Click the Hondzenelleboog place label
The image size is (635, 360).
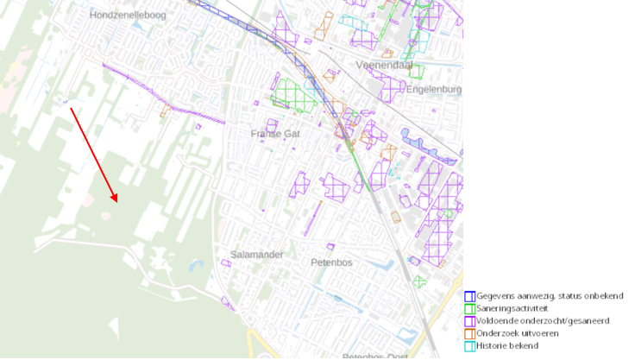click(x=128, y=15)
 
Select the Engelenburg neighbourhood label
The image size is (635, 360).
click(x=434, y=88)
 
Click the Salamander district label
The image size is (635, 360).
click(x=257, y=255)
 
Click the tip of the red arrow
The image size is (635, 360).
click(x=116, y=203)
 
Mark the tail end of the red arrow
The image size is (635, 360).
click(x=71, y=108)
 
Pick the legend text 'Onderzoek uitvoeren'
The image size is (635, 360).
click(x=518, y=333)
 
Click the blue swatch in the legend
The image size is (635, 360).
click(x=469, y=296)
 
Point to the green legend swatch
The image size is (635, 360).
click(x=469, y=308)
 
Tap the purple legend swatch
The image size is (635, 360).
click(x=469, y=320)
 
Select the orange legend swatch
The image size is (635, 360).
click(x=469, y=333)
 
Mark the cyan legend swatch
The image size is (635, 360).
click(x=469, y=345)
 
